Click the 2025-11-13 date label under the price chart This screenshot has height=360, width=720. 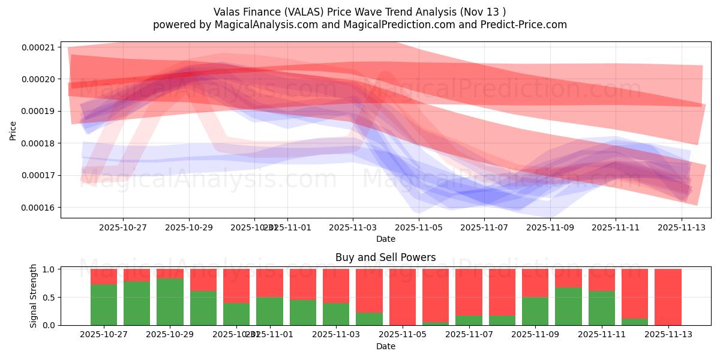pos(682,228)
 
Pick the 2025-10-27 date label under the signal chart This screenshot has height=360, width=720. pos(104,335)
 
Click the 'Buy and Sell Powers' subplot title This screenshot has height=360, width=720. pos(385,257)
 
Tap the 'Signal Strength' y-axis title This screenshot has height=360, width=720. pos(34,296)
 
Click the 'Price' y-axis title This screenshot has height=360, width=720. pos(13,130)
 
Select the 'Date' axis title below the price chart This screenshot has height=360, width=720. pos(385,239)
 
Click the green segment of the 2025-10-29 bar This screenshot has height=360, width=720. pos(170,302)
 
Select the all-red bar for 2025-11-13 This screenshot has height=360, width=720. pos(668,297)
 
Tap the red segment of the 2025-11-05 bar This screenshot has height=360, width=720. pos(403,296)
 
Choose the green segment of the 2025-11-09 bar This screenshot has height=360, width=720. pos(535,311)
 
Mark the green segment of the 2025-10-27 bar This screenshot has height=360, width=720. pos(104,305)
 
